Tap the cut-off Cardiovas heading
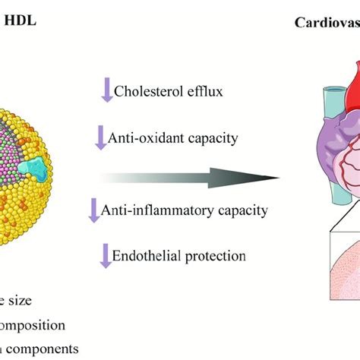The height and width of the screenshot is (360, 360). click(327, 22)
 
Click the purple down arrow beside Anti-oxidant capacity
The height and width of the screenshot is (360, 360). click(100, 137)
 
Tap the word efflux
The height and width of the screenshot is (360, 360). click(201, 92)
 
